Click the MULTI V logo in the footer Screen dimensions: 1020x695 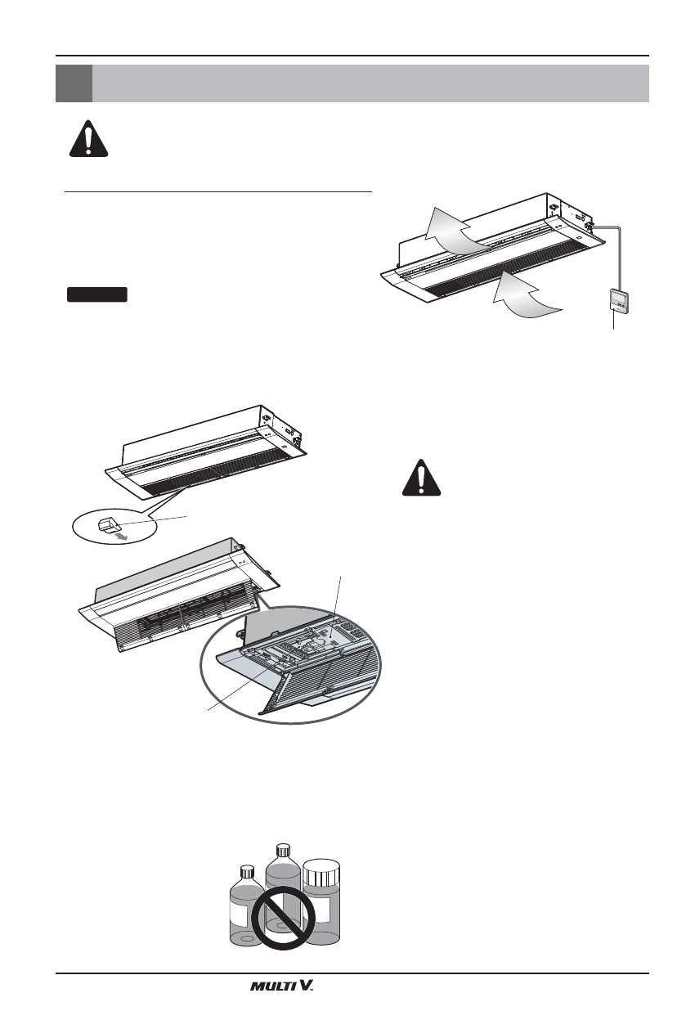coord(282,986)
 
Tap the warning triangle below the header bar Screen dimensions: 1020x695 coord(88,136)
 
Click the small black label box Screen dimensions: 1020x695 coord(96,294)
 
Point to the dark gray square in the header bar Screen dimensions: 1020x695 coord(74,83)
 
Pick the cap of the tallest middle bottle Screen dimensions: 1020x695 coord(283,848)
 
